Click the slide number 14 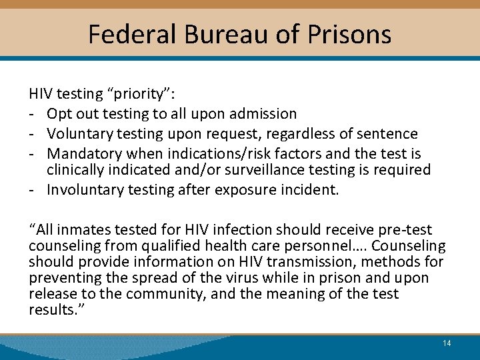[x=447, y=343]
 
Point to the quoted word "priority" [x=141, y=95]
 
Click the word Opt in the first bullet [x=59, y=114]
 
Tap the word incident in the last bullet [x=313, y=190]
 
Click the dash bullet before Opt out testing [x=32, y=114]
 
